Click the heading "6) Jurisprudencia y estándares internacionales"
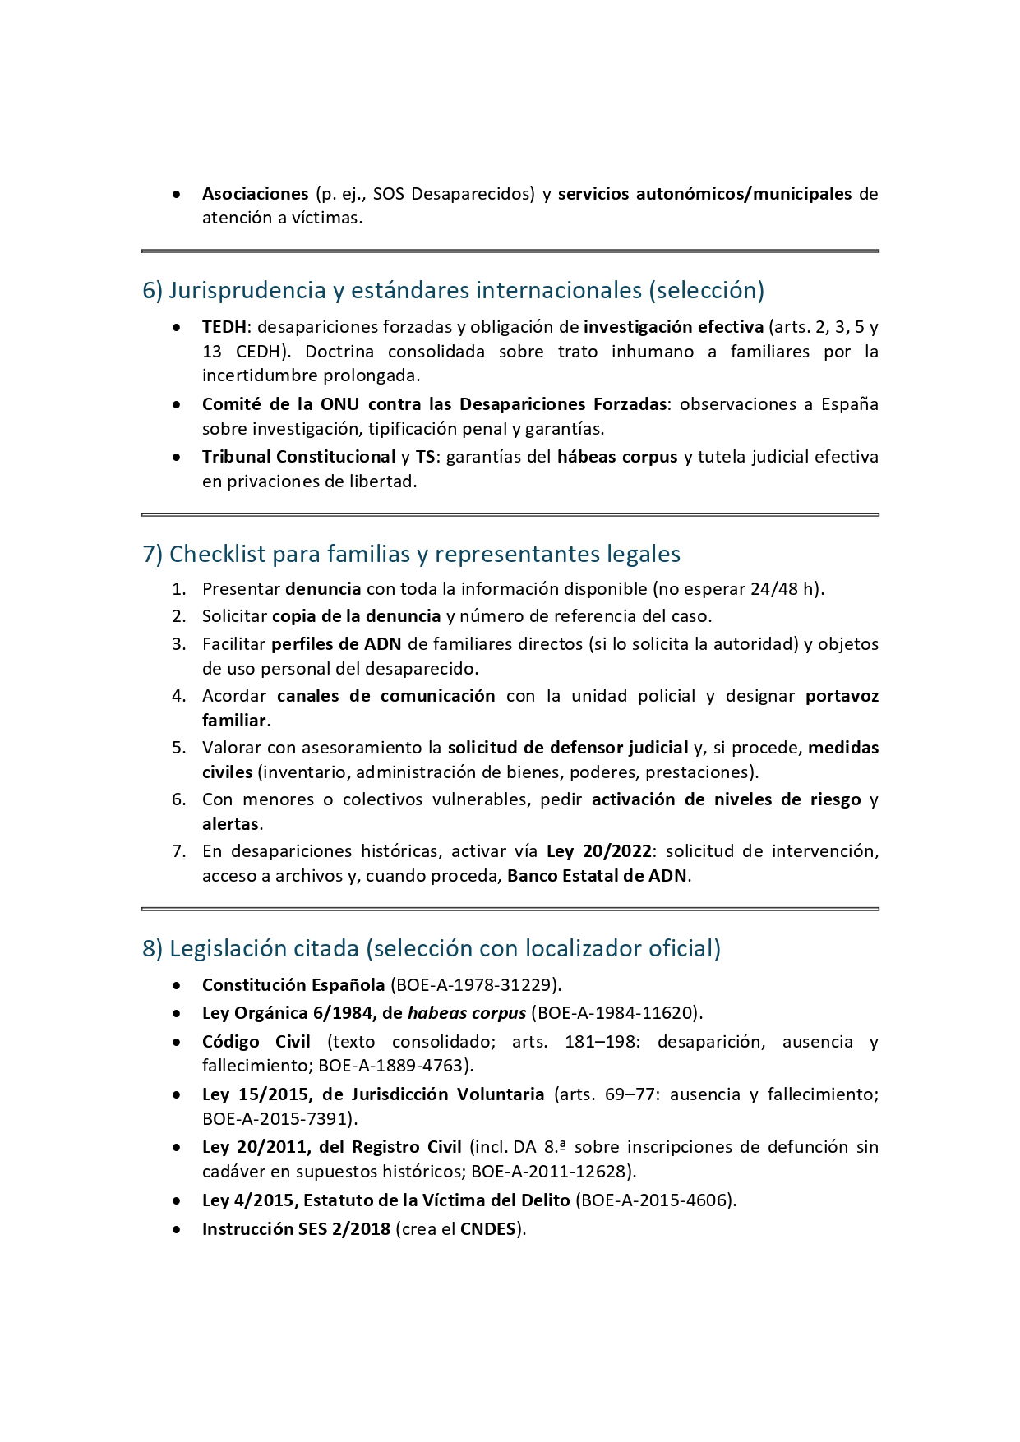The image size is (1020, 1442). [453, 290]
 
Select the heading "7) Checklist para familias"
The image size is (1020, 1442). [411, 554]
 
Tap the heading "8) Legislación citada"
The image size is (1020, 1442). [431, 948]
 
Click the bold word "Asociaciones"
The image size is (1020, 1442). [255, 194]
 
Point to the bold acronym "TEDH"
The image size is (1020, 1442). [224, 327]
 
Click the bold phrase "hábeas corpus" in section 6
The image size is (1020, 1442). [617, 457]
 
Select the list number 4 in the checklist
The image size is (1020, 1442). [179, 696]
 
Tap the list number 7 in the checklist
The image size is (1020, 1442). [179, 851]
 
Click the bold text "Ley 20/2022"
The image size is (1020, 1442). [599, 851]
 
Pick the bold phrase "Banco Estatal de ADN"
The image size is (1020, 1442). [597, 876]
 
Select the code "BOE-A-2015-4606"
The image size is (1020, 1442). [653, 1200]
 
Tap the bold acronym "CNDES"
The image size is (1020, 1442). [487, 1229]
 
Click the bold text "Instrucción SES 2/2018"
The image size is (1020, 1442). [296, 1229]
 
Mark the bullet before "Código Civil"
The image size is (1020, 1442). [177, 1042]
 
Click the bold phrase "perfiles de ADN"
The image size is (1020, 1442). [336, 644]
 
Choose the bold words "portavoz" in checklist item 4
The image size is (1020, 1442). [842, 696]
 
